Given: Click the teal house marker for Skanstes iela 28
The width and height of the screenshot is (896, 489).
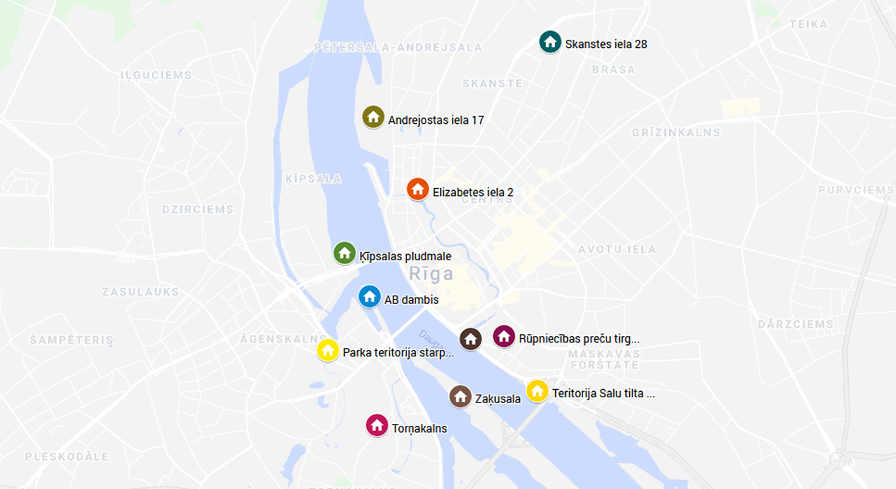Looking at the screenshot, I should tap(550, 42).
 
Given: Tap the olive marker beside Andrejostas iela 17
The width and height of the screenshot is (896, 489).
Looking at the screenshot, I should tap(373, 117).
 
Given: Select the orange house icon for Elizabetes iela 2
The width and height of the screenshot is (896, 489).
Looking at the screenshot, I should tap(417, 189).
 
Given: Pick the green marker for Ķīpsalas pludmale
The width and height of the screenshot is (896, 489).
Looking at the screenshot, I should tap(345, 253).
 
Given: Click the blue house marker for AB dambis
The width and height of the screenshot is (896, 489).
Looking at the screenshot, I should tap(369, 297).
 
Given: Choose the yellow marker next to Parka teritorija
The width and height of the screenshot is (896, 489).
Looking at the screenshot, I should tap(328, 350).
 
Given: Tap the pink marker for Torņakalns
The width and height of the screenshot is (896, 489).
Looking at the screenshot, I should tap(377, 425).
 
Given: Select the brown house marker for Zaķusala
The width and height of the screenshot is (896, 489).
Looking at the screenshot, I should tap(460, 397).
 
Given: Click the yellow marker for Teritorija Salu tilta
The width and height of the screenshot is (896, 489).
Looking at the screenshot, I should tap(537, 391).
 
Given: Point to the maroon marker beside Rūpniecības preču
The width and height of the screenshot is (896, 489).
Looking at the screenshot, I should tap(503, 336).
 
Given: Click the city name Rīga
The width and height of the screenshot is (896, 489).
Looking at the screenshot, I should tap(431, 274).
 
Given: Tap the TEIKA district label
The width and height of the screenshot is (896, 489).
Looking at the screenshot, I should tap(808, 25).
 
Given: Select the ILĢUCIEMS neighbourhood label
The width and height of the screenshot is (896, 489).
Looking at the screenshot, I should tap(156, 75).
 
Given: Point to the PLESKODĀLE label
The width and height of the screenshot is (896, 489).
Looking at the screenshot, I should tap(67, 456).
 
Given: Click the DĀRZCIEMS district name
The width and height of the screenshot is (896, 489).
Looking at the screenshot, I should tap(795, 324).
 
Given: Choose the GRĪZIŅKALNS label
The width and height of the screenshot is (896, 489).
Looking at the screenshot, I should tap(676, 133).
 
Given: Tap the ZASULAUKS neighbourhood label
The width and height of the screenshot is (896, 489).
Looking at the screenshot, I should tap(140, 292).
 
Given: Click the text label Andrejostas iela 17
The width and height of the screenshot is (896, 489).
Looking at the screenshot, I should tap(436, 120).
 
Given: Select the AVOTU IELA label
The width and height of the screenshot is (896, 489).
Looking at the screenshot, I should tap(617, 250).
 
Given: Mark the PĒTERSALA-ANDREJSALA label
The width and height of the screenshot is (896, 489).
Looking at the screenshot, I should tap(398, 47).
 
